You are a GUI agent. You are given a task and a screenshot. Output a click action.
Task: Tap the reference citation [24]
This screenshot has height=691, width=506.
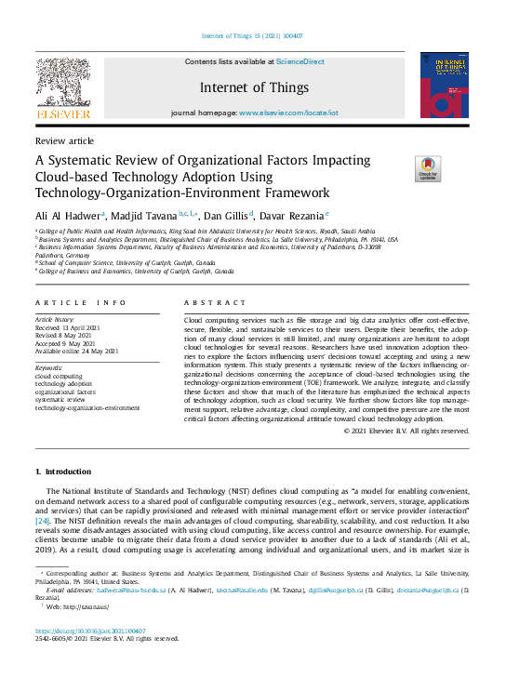(x=43, y=520)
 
